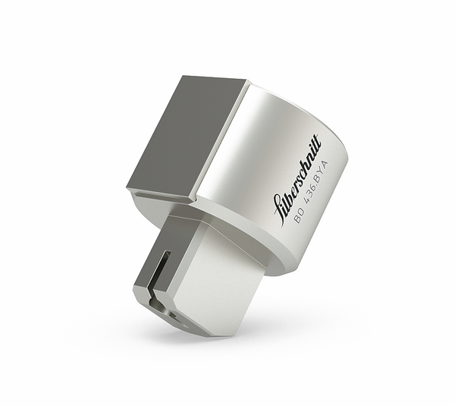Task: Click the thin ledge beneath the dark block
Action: [x=163, y=199]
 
